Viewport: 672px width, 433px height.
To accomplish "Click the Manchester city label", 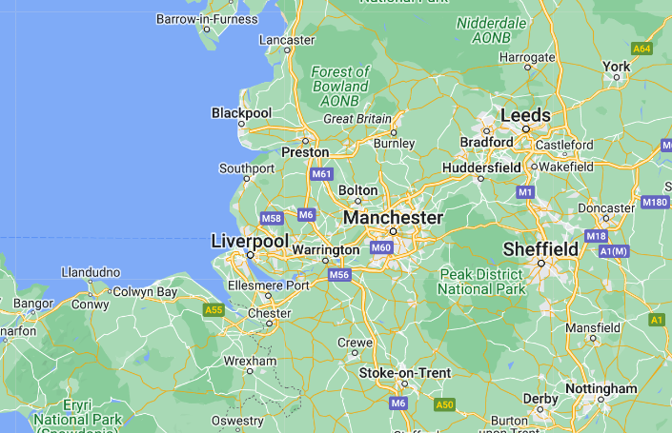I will point(393,218).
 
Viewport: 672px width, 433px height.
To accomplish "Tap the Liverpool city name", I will point(250,242).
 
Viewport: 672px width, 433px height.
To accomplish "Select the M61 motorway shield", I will point(321,174).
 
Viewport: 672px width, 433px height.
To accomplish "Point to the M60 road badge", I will point(381,247).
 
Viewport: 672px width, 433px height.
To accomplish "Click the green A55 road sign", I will point(214,309).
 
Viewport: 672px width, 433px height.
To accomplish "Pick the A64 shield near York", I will point(641,48).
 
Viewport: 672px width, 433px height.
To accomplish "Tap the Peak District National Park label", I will point(482,282).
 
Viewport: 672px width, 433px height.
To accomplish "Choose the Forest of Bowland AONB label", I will point(340,86).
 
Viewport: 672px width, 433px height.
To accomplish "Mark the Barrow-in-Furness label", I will point(207,18).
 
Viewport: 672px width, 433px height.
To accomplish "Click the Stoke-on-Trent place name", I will point(404,372).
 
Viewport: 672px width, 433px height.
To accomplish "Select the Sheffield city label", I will point(540,249).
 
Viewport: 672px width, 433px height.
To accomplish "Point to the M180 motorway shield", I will point(655,202).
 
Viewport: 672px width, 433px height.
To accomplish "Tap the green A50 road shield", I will point(444,404).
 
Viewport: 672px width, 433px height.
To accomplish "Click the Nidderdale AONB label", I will point(492,29).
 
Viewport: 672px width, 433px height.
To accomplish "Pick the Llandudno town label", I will point(91,272).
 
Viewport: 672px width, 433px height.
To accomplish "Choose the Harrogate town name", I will point(526,57).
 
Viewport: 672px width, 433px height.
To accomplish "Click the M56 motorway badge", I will point(339,275).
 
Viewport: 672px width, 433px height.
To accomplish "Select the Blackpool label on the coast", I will point(241,113).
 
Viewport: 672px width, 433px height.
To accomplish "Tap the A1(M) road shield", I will point(613,250).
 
